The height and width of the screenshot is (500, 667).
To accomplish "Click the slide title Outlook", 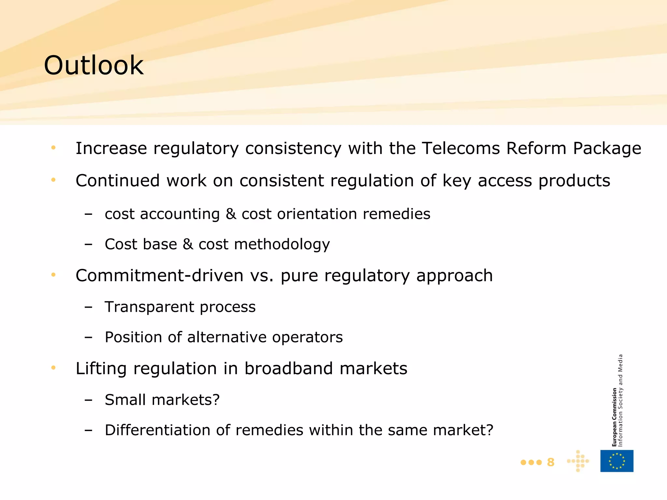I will (94, 65).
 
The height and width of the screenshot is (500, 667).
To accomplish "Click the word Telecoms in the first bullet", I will (461, 148).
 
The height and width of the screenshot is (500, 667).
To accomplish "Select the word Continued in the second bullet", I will (118, 181).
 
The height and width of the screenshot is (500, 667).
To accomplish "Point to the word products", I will (574, 181).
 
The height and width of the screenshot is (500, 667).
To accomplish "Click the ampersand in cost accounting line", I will (231, 214).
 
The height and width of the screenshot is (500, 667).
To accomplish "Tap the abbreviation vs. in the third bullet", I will (262, 276).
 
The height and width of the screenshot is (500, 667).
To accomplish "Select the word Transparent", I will (149, 307).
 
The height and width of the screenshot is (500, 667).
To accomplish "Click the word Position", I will (133, 337).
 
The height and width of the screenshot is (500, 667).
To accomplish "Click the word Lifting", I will (101, 369).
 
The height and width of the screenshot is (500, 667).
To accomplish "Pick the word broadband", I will (289, 368).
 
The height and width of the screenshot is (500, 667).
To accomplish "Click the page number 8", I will (550, 462).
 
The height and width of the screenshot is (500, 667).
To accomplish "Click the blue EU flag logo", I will (617, 461).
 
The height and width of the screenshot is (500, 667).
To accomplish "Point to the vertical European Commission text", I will (614, 417).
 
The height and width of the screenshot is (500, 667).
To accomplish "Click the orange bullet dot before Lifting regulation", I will (53, 368).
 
